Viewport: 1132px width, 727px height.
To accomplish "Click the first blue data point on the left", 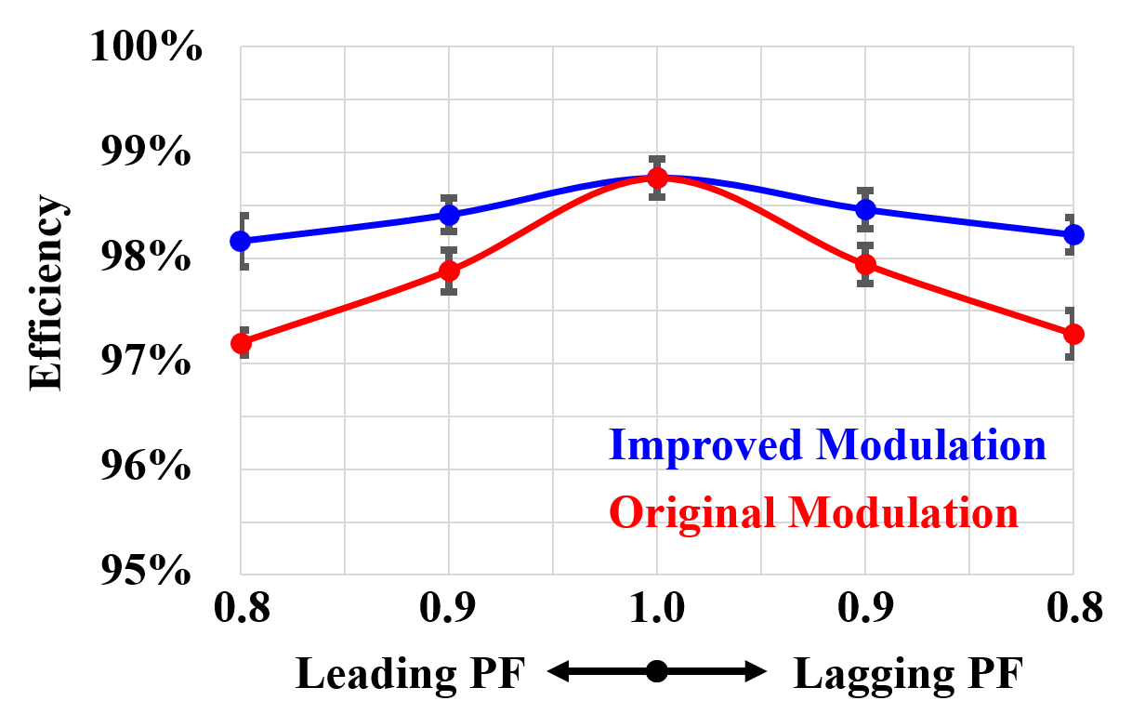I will coord(241,242).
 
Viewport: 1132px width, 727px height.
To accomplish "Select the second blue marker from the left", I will coord(449,216).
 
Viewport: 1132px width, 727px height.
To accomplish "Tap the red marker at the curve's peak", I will coord(657,178).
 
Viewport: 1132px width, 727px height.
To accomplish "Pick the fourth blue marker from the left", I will coord(865,210).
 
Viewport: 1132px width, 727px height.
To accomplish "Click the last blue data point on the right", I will coord(1073,234).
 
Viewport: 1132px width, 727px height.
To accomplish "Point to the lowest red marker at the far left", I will coord(241,344).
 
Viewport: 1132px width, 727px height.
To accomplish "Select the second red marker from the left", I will coord(449,271).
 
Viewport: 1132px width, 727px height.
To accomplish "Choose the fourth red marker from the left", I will coord(865,265).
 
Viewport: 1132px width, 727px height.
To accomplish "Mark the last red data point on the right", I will coord(1073,334).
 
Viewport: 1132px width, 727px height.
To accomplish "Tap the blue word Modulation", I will coord(931,445).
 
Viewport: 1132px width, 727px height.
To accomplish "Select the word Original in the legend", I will coord(692,512).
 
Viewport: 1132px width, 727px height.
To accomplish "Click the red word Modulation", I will coord(903,512).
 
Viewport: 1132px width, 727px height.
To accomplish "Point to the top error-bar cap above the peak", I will coord(657,159).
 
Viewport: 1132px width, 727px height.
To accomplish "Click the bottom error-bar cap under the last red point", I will coord(1071,356).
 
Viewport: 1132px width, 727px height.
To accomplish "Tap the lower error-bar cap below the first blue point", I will coord(244,267).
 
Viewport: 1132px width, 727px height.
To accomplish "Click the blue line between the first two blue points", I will coord(345,229).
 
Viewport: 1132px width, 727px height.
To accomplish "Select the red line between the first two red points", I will coord(345,308).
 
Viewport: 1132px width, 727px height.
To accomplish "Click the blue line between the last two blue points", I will coord(969,222).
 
